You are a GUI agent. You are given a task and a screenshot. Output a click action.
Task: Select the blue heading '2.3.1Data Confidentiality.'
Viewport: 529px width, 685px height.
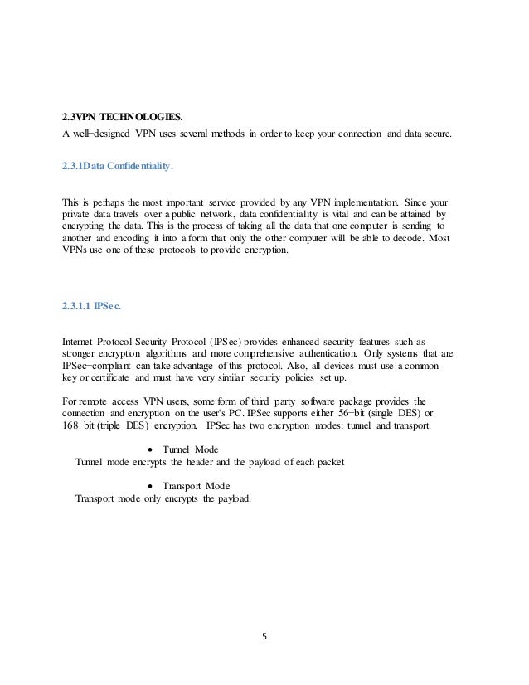116,166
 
